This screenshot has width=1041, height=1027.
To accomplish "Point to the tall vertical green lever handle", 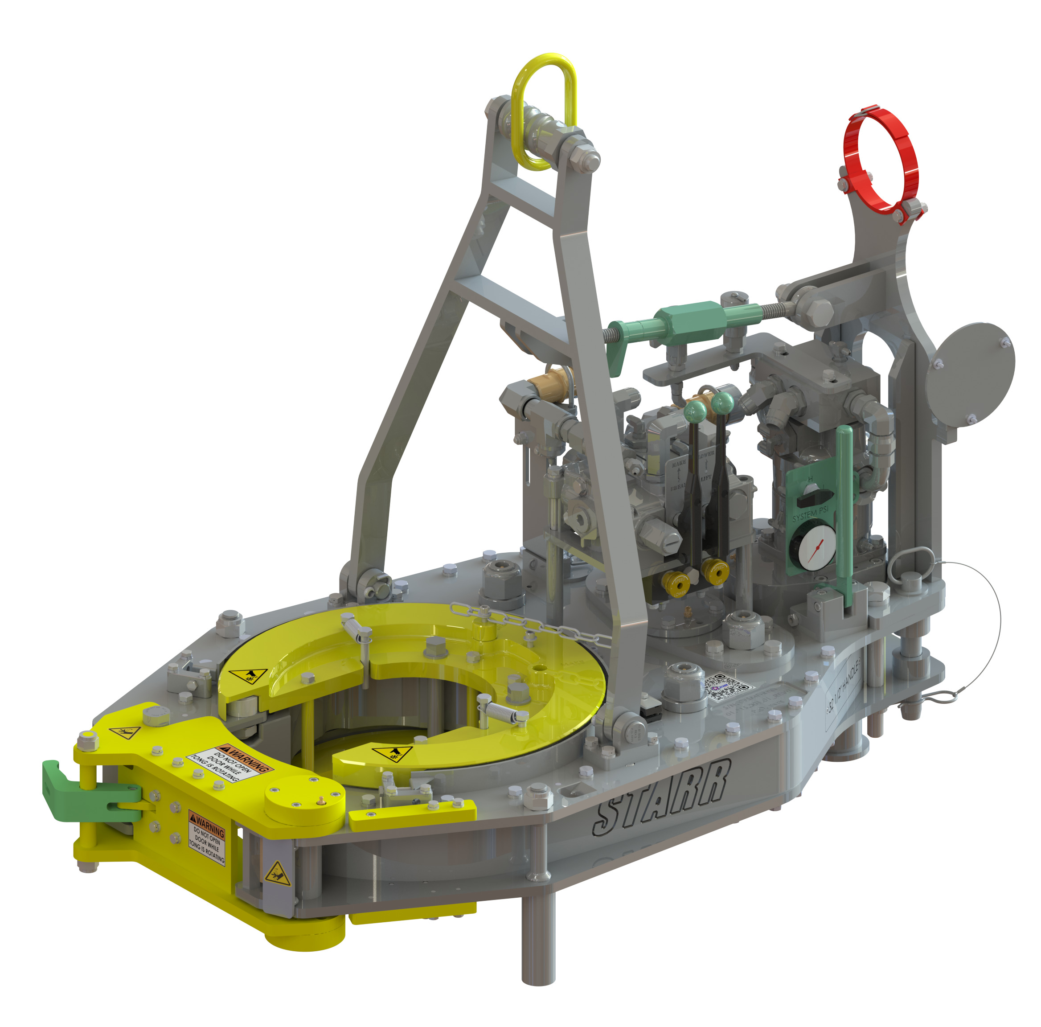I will (x=843, y=517).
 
